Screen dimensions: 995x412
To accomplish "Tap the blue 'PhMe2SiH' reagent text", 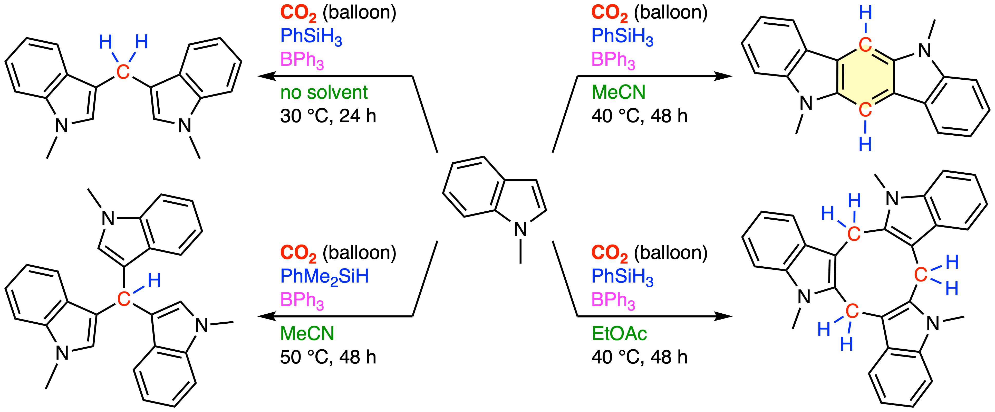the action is click(324, 277).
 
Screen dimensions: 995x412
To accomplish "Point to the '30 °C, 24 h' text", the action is click(328, 116).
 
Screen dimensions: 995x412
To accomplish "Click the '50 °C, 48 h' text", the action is click(328, 357).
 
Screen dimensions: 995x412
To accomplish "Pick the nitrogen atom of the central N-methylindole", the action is click(520, 230).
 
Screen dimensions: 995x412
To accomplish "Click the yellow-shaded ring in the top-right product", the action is click(865, 77).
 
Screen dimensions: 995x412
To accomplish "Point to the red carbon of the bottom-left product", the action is click(124, 299).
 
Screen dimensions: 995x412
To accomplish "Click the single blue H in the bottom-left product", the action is click(154, 280).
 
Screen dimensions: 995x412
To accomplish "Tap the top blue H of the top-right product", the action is click(866, 13).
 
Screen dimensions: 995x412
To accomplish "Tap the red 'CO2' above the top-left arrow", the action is click(298, 13).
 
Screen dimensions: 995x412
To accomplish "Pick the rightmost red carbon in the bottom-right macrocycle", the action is click(921, 275).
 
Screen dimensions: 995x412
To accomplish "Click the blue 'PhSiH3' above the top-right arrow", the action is click(623, 37).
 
